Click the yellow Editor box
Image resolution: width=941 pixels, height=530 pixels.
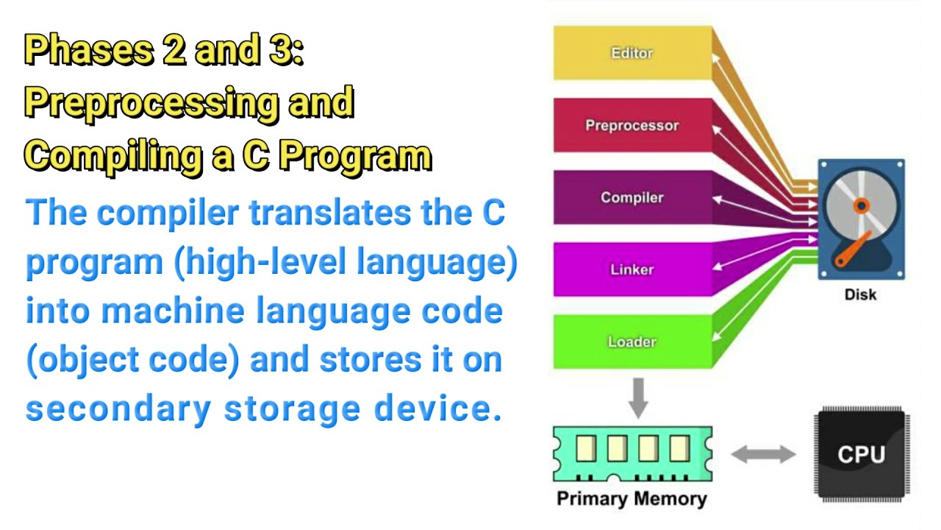click(632, 53)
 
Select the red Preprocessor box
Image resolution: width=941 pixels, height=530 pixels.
click(632, 125)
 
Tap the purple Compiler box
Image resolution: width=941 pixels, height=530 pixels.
click(632, 197)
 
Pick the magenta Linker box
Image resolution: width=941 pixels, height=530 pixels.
click(632, 269)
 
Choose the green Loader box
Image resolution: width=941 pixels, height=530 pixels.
click(632, 342)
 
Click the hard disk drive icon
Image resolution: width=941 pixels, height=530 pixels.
click(861, 219)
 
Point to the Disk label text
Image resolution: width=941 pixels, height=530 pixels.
click(860, 295)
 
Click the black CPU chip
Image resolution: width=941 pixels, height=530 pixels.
click(860, 453)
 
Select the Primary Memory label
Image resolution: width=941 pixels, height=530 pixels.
click(631, 498)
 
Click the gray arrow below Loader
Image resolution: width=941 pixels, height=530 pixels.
click(639, 397)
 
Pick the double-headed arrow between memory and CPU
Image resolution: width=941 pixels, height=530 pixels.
click(763, 454)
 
